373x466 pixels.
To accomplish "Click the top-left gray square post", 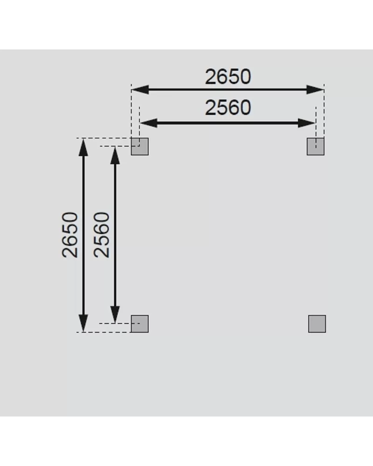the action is coord(140,146).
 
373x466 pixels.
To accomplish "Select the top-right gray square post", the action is coord(315,146).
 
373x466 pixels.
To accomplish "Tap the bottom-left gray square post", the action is coord(140,324).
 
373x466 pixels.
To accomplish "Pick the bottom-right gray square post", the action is coord(317,324).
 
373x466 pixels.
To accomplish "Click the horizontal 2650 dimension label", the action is coord(228,77).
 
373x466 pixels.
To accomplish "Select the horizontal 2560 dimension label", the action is coord(228,108).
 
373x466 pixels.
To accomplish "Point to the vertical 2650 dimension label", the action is coord(70,235).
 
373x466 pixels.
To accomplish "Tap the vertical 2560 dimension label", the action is coord(102,235).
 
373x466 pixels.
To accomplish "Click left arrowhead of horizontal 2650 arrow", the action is coord(140,90).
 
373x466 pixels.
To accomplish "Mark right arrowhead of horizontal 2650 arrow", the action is coord(315,90).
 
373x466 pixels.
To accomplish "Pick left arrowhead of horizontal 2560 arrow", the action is coord(148,123).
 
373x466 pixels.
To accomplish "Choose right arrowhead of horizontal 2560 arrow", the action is coord(306,123).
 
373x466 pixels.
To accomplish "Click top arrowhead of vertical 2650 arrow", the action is coord(83,147).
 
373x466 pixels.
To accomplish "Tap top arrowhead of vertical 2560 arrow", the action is coord(115,155).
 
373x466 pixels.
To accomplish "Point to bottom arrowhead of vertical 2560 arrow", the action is coord(115,314).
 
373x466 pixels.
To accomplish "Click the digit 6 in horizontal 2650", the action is coord(222,77).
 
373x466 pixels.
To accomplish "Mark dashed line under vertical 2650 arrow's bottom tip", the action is coord(104,332).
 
